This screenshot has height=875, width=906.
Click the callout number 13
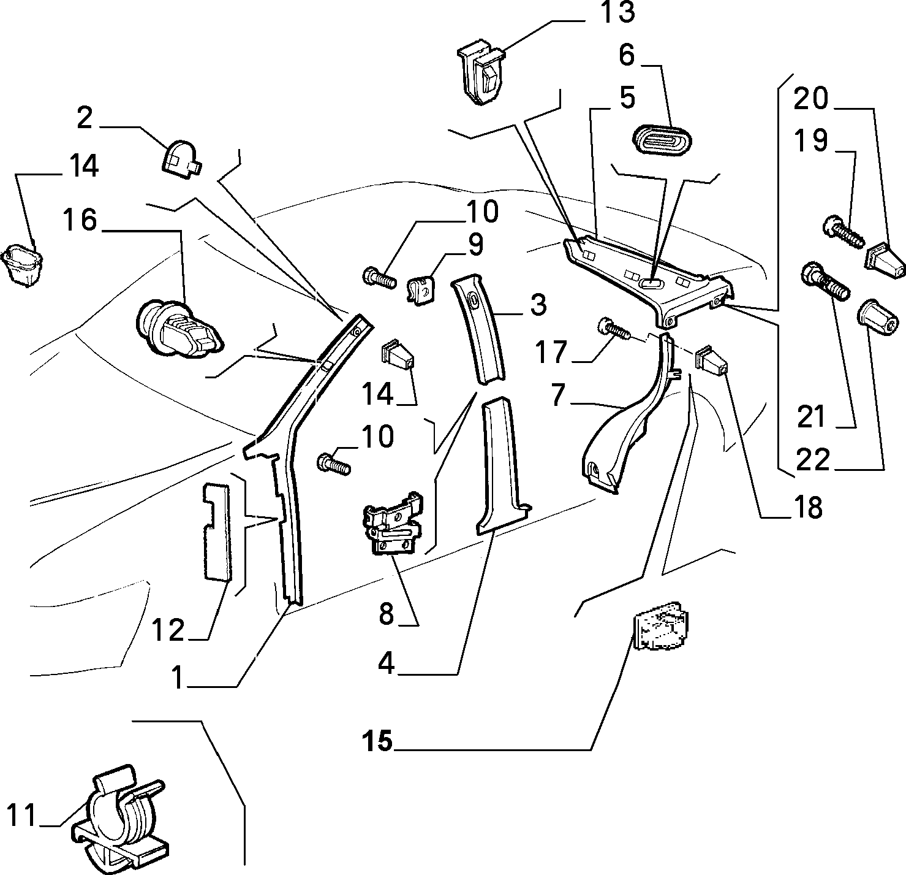(x=617, y=12)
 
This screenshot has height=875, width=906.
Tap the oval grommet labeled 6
(x=663, y=139)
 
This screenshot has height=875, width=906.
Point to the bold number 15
(x=377, y=740)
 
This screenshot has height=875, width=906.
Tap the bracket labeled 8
(x=393, y=523)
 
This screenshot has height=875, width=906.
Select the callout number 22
(x=813, y=459)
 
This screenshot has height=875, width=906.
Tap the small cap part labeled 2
(x=182, y=158)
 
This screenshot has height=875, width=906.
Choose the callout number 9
(x=475, y=245)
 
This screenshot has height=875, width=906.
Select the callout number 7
(x=558, y=395)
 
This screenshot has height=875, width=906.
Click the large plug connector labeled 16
(x=179, y=329)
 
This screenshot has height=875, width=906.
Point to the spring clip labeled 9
(x=421, y=290)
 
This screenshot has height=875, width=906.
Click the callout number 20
(x=811, y=98)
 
